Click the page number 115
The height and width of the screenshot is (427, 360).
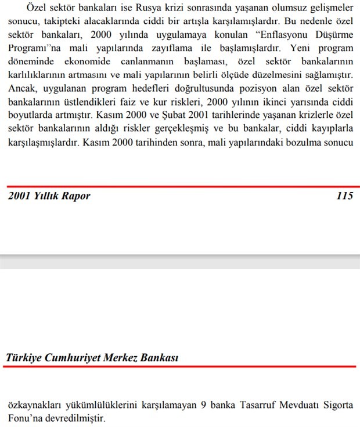click(x=344, y=196)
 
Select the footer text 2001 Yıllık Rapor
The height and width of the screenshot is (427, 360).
click(x=49, y=196)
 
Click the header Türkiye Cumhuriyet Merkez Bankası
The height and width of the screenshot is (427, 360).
click(x=92, y=358)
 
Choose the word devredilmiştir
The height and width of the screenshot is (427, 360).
click(x=76, y=418)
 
